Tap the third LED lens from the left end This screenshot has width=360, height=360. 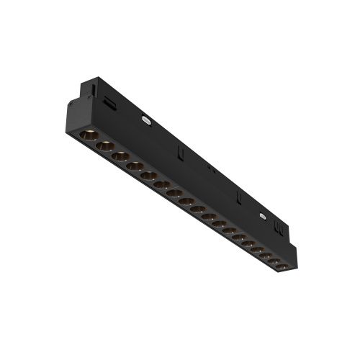click(x=120, y=156)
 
